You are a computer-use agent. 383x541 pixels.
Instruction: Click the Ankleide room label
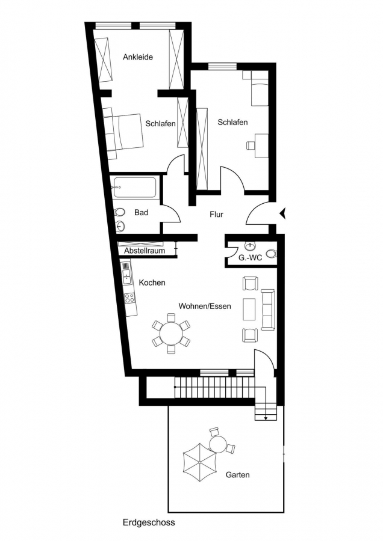click(x=137, y=57)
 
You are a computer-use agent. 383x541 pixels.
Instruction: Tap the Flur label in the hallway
click(x=216, y=214)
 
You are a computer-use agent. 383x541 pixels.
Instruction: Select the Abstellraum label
click(x=145, y=251)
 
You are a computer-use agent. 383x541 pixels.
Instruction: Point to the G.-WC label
click(x=251, y=257)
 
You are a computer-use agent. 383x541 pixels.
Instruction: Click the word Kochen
click(x=152, y=283)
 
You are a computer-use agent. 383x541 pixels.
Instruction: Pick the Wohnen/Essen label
click(x=205, y=306)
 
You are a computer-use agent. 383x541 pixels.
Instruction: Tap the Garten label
click(x=237, y=475)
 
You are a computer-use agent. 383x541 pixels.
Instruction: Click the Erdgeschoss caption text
click(x=149, y=522)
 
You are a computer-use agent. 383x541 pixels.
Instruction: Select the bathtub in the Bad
click(x=135, y=188)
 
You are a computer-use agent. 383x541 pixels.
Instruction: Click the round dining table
click(x=171, y=333)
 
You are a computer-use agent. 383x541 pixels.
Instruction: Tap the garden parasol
click(x=200, y=462)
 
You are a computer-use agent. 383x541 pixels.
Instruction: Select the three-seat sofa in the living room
click(x=267, y=310)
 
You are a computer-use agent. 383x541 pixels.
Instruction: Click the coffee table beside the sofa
click(x=249, y=309)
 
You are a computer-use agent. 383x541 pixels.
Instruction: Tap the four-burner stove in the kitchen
click(x=130, y=298)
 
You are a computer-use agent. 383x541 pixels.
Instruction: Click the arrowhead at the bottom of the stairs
click(x=266, y=418)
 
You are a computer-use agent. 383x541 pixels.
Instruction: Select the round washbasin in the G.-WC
click(x=249, y=246)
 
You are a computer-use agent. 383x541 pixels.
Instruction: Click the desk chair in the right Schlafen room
click(x=251, y=145)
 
